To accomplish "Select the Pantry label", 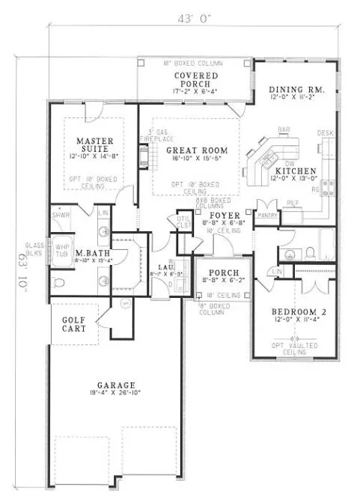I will point(267,216).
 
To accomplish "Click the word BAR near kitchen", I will point(284,129).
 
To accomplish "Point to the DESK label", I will point(324,132).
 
